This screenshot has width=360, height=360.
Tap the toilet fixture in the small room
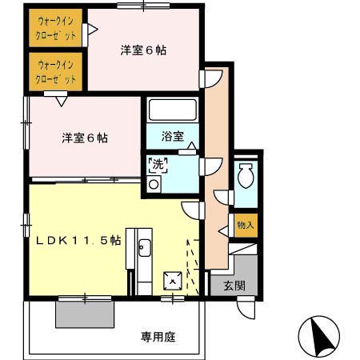[246, 174]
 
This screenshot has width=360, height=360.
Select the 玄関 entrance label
[234, 286]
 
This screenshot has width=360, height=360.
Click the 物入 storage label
[246, 226]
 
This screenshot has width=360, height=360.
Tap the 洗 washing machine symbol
[156, 166]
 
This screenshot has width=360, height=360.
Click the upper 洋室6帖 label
[143, 50]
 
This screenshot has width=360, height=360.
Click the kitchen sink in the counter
[144, 246]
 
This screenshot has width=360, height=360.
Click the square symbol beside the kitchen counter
[171, 280]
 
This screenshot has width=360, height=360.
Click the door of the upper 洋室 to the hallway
[210, 78]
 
